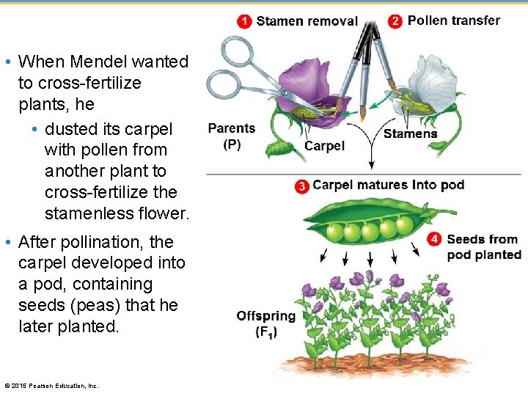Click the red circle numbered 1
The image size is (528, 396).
(245, 21)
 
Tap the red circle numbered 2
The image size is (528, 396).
(395, 21)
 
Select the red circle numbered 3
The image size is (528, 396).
(301, 186)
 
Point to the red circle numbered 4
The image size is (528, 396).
(435, 240)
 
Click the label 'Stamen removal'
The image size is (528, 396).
(307, 21)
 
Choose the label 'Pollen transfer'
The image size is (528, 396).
(454, 21)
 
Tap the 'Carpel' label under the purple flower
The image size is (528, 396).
(324, 146)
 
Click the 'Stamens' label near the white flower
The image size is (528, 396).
(410, 133)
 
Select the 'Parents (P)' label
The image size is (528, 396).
(232, 136)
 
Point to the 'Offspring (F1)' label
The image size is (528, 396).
(265, 323)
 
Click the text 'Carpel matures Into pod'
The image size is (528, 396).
(388, 185)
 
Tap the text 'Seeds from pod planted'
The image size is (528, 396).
(484, 247)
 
